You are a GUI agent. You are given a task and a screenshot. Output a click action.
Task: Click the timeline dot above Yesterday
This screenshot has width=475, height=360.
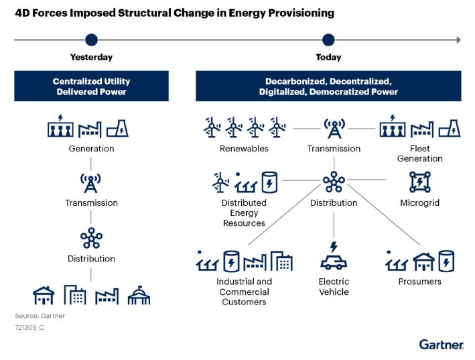coord(92,40)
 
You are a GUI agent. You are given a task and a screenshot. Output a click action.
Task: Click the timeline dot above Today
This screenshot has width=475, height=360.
coord(328,40)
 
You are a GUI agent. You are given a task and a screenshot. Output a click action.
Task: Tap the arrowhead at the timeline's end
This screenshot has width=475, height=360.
coord(459,40)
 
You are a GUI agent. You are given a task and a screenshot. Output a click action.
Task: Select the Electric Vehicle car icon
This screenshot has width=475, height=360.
coord(334,256)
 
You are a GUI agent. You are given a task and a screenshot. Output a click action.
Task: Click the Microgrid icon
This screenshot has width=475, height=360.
coord(420,182)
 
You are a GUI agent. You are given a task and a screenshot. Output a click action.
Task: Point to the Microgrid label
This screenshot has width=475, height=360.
coord(420,202)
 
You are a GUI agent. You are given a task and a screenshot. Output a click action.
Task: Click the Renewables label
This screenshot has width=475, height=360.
coord(244,148)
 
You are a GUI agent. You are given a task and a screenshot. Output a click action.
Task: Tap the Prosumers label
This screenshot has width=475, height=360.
coord(420,282)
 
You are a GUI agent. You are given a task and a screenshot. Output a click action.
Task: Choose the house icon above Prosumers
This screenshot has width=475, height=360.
coord(424,262)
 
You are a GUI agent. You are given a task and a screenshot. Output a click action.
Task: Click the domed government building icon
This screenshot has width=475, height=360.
coord(139,295)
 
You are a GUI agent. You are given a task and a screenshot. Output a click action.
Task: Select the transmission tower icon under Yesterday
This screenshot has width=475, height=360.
coord(90,183)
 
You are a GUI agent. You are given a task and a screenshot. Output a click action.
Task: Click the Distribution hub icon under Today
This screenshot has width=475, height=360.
coord(334,182)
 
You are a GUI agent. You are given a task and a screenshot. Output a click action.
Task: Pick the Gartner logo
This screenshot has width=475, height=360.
coord(442,345)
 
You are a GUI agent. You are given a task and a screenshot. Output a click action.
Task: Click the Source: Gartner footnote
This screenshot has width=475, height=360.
coord(40,316)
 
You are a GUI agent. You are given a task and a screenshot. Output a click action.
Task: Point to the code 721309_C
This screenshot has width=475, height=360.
coord(29,328)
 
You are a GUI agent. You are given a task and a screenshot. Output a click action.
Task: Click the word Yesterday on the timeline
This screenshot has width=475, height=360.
coord(92,57)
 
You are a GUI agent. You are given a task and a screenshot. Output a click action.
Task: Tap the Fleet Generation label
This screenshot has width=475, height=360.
coord(420,154)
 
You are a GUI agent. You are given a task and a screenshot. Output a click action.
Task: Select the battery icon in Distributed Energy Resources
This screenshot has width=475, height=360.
coord(269,182)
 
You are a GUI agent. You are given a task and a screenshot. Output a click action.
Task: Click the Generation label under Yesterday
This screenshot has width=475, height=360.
coord(92,148)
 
